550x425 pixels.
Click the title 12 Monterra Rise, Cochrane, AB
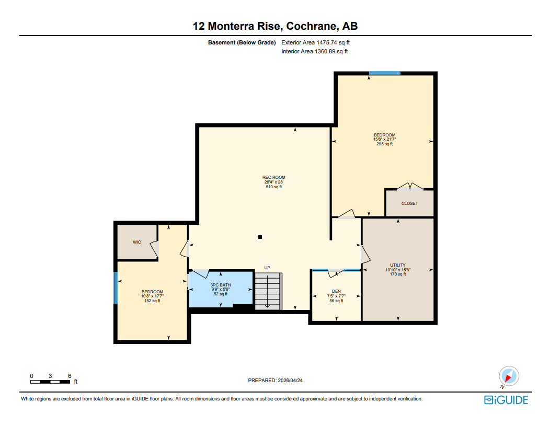point(275,26)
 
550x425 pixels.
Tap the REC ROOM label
point(273,178)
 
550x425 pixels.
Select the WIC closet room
point(137,242)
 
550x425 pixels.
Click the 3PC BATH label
point(220,285)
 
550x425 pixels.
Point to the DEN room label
point(336,292)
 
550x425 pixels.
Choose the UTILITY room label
point(397,265)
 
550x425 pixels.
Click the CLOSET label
point(409,203)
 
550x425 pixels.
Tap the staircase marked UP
point(268,291)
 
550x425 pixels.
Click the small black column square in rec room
point(260,237)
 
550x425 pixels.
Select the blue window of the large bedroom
point(384,73)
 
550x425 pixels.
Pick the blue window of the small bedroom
point(116,288)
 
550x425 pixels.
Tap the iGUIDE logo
point(506,400)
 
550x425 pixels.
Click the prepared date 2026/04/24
point(275,381)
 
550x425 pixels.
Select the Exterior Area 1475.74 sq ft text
point(319,42)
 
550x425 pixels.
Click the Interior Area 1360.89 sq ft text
point(314,51)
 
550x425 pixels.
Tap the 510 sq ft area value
point(273,187)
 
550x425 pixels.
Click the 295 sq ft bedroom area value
point(384,144)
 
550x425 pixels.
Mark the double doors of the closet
point(410,187)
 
